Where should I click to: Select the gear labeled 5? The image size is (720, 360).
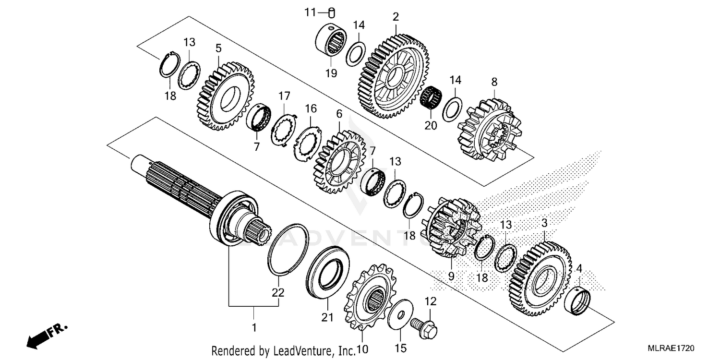(225, 96)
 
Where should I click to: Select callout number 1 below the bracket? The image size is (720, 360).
(254, 328)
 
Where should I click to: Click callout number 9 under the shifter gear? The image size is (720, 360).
(451, 276)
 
